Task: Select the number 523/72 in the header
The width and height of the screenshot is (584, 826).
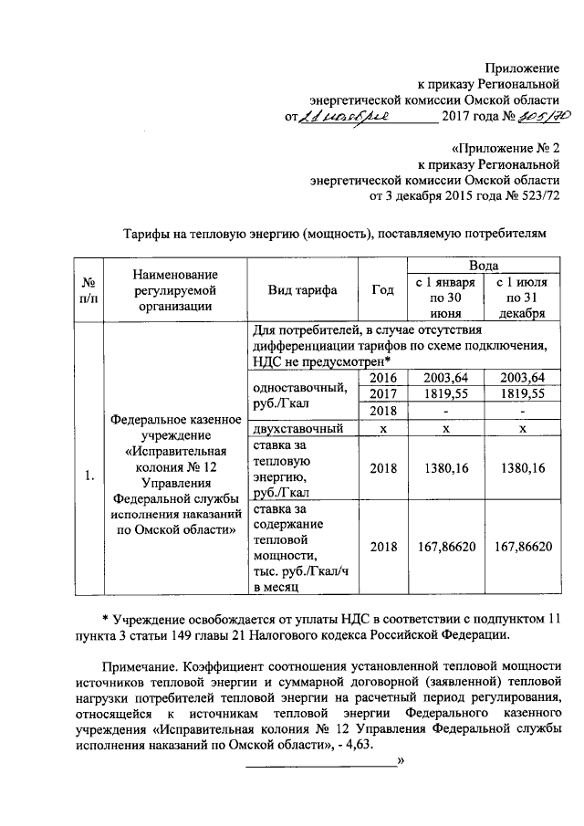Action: click(537, 195)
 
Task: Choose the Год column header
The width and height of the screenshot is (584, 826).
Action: click(383, 290)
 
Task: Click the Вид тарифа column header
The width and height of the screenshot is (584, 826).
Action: click(302, 290)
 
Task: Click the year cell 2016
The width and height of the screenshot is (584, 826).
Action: click(383, 378)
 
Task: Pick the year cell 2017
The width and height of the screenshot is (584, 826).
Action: click(383, 394)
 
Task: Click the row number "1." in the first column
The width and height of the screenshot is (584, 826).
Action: click(89, 475)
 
